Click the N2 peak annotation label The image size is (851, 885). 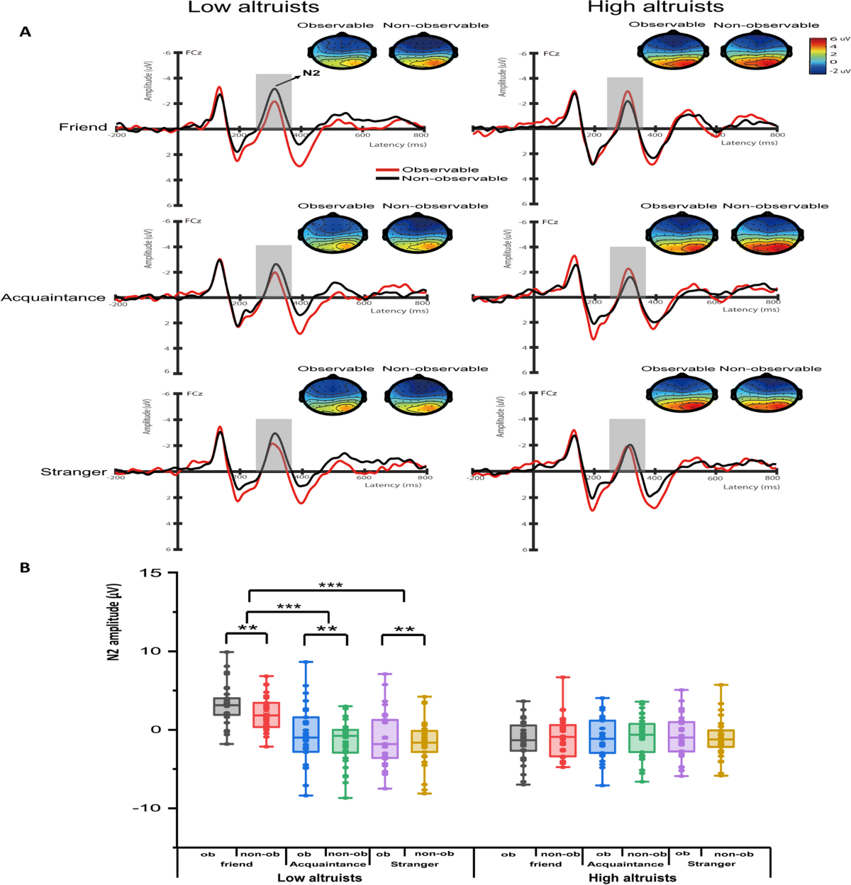click(311, 73)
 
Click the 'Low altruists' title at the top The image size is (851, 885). click(253, 8)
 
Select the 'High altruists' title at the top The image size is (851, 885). click(655, 8)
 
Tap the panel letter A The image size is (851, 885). click(26, 32)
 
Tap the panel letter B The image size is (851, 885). click(26, 567)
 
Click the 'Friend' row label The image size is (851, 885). click(83, 127)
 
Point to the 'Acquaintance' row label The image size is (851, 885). click(53, 298)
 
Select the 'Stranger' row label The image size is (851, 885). click(74, 472)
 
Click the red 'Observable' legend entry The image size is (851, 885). click(440, 169)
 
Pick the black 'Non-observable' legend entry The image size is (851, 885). click(454, 179)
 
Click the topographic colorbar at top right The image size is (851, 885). click(818, 55)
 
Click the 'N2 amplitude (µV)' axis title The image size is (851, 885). click(113, 623)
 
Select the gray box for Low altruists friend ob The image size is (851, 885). click(227, 706)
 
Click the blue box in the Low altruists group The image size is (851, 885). click(306, 734)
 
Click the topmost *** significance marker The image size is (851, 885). click(330, 586)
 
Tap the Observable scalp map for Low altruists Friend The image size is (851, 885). click(335, 52)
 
